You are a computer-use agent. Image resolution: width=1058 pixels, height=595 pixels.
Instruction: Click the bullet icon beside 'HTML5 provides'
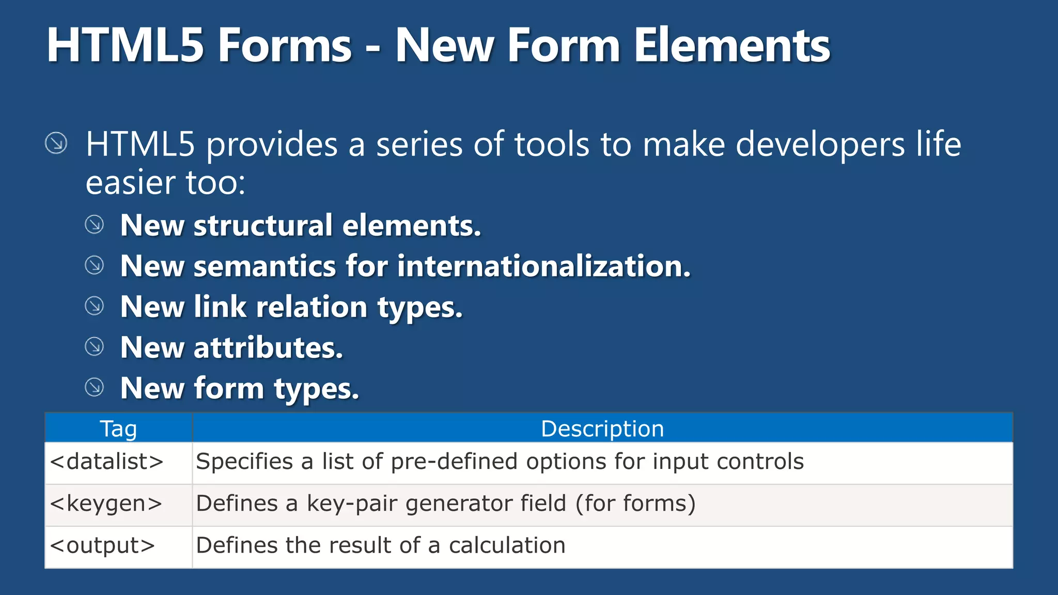click(56, 143)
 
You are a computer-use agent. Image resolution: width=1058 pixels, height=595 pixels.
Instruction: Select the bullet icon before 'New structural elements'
click(94, 225)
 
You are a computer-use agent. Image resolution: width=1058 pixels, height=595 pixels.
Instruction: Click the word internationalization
click(543, 266)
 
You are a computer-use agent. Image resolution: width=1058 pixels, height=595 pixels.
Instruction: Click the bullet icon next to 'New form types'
click(94, 387)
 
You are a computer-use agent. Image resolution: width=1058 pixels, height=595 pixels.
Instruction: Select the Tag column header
click(118, 429)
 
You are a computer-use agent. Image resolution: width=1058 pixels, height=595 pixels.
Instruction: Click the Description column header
click(602, 429)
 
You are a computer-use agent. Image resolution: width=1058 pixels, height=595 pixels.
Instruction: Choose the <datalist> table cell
click(107, 461)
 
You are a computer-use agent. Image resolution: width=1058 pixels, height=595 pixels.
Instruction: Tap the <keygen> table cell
click(106, 503)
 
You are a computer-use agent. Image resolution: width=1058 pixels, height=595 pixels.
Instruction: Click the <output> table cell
click(103, 545)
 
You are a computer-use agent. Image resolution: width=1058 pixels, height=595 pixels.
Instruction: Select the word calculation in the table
click(507, 545)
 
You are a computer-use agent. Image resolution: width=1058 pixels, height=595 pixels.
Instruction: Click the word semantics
click(264, 266)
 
